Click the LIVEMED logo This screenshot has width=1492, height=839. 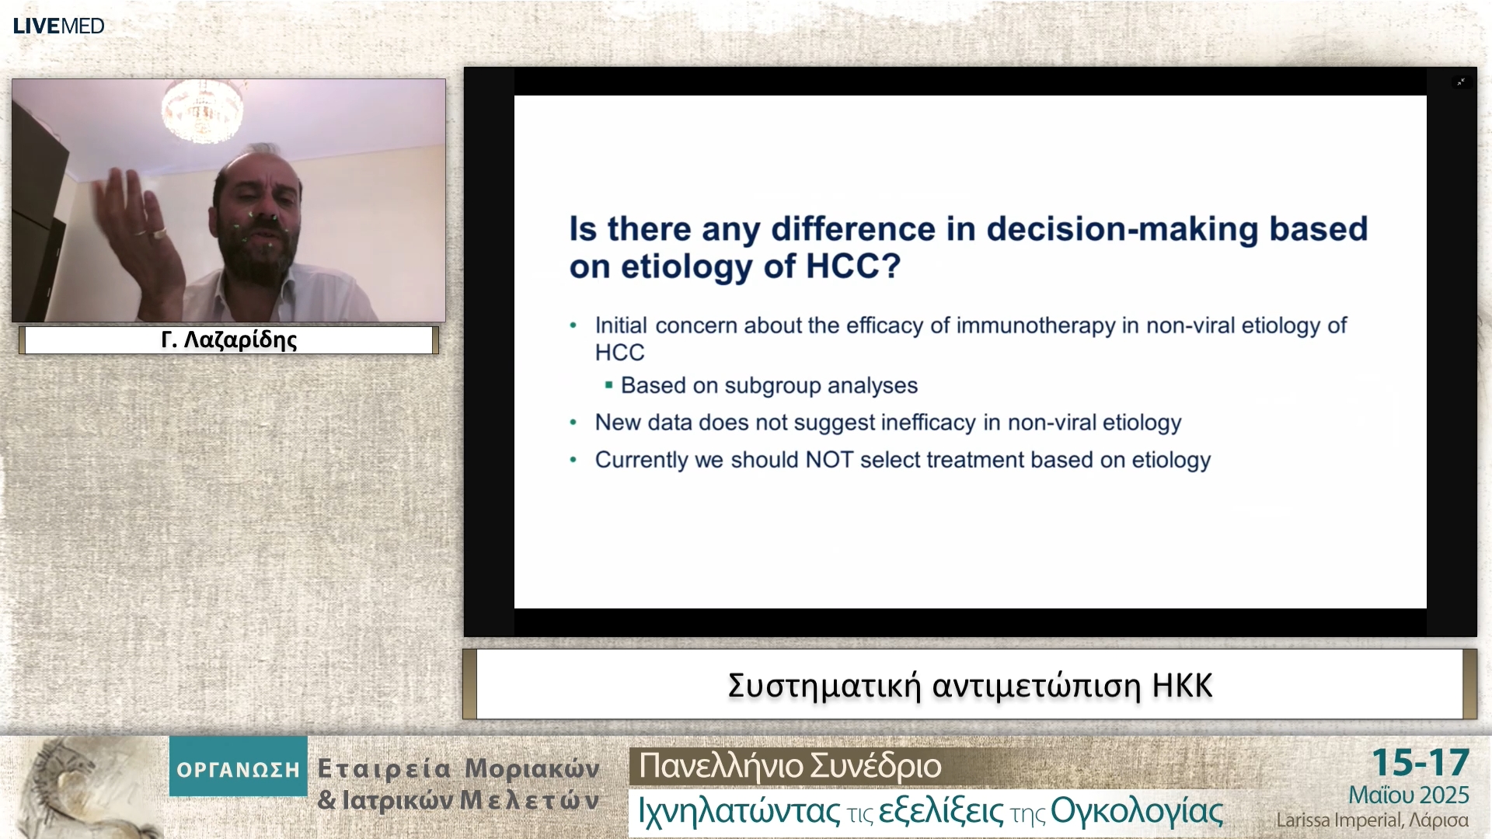pos(58,26)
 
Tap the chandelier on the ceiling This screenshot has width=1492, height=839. pos(201,105)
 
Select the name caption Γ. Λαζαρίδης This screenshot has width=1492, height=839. pos(229,340)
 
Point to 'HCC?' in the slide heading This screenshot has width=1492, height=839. pos(853,266)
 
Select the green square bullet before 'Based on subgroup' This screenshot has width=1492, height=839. pos(608,385)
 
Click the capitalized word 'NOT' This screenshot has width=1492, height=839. pos(830,460)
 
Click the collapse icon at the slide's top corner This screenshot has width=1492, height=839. pos(1461,82)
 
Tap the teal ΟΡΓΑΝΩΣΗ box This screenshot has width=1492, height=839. pos(239,766)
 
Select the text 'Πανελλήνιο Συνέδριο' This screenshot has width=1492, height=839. pos(790,766)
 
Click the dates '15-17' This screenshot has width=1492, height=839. pos(1421,763)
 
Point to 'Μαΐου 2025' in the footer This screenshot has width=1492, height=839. pos(1409,795)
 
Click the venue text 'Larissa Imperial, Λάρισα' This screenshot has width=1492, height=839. pos(1372,820)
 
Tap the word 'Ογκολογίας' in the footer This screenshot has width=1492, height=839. pos(1137,812)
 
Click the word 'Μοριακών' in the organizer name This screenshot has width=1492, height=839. pos(532,769)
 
